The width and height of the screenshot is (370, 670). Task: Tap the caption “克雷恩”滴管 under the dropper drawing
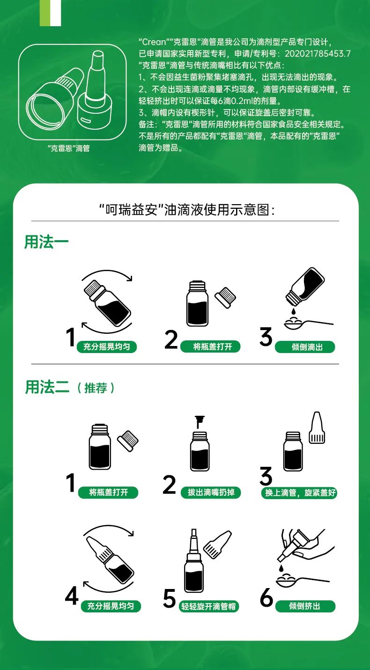[x=69, y=148]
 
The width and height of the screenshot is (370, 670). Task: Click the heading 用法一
[x=46, y=242]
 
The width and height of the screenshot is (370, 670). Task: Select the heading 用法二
[x=47, y=387]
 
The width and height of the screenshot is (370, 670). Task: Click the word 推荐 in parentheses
[x=96, y=388]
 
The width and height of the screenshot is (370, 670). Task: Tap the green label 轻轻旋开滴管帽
[x=209, y=606]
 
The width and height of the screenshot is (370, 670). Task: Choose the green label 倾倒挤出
[x=305, y=606]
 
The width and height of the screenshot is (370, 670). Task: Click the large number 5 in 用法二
[x=170, y=599]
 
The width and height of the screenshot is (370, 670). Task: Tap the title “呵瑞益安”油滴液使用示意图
[x=186, y=209]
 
